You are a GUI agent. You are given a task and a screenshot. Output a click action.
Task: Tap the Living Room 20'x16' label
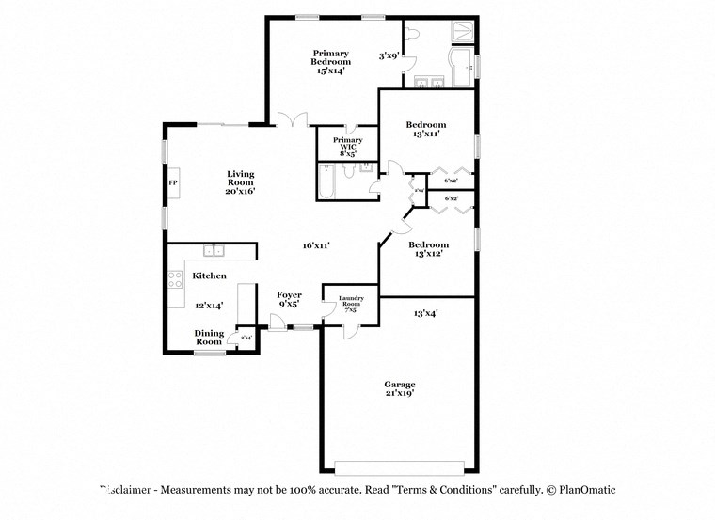click(240, 182)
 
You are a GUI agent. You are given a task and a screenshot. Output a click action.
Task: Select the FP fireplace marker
click(173, 182)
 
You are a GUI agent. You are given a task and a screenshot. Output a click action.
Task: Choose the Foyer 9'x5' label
click(289, 300)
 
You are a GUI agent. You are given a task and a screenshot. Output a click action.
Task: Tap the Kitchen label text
click(209, 276)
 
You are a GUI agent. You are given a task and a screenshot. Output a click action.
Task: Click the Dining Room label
click(209, 337)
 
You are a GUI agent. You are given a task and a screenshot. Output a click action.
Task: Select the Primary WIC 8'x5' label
click(347, 146)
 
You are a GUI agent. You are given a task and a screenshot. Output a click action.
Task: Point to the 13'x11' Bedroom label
click(426, 130)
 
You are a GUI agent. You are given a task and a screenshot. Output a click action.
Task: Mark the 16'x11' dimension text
click(315, 245)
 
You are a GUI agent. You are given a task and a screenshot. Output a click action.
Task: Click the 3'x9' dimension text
click(389, 55)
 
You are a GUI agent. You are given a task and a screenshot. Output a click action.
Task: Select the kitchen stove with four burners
click(175, 280)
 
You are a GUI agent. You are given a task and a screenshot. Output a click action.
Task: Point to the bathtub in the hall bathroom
click(326, 183)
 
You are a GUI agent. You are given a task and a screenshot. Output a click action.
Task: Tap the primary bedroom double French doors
click(294, 120)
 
